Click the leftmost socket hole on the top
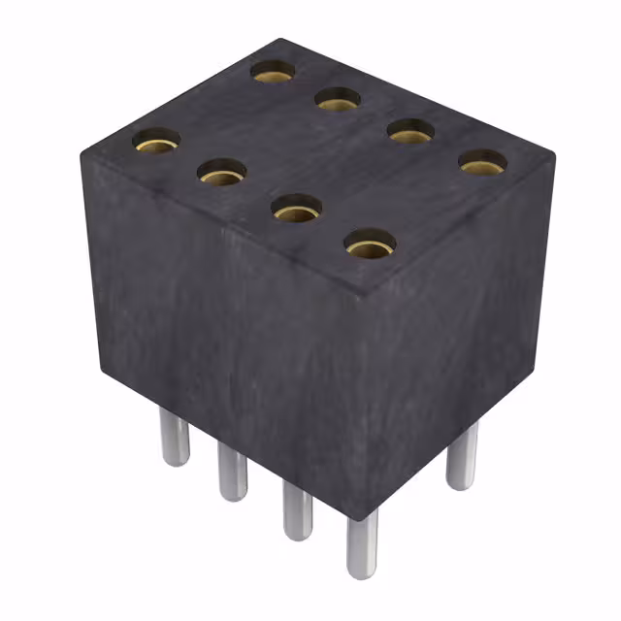coord(156,142)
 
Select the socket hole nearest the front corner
coord(370,244)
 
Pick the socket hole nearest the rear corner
coord(274,71)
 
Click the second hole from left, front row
coord(221,173)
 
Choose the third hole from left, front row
coord(297,209)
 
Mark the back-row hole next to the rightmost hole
coord(410,130)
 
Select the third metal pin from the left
coord(298,509)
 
